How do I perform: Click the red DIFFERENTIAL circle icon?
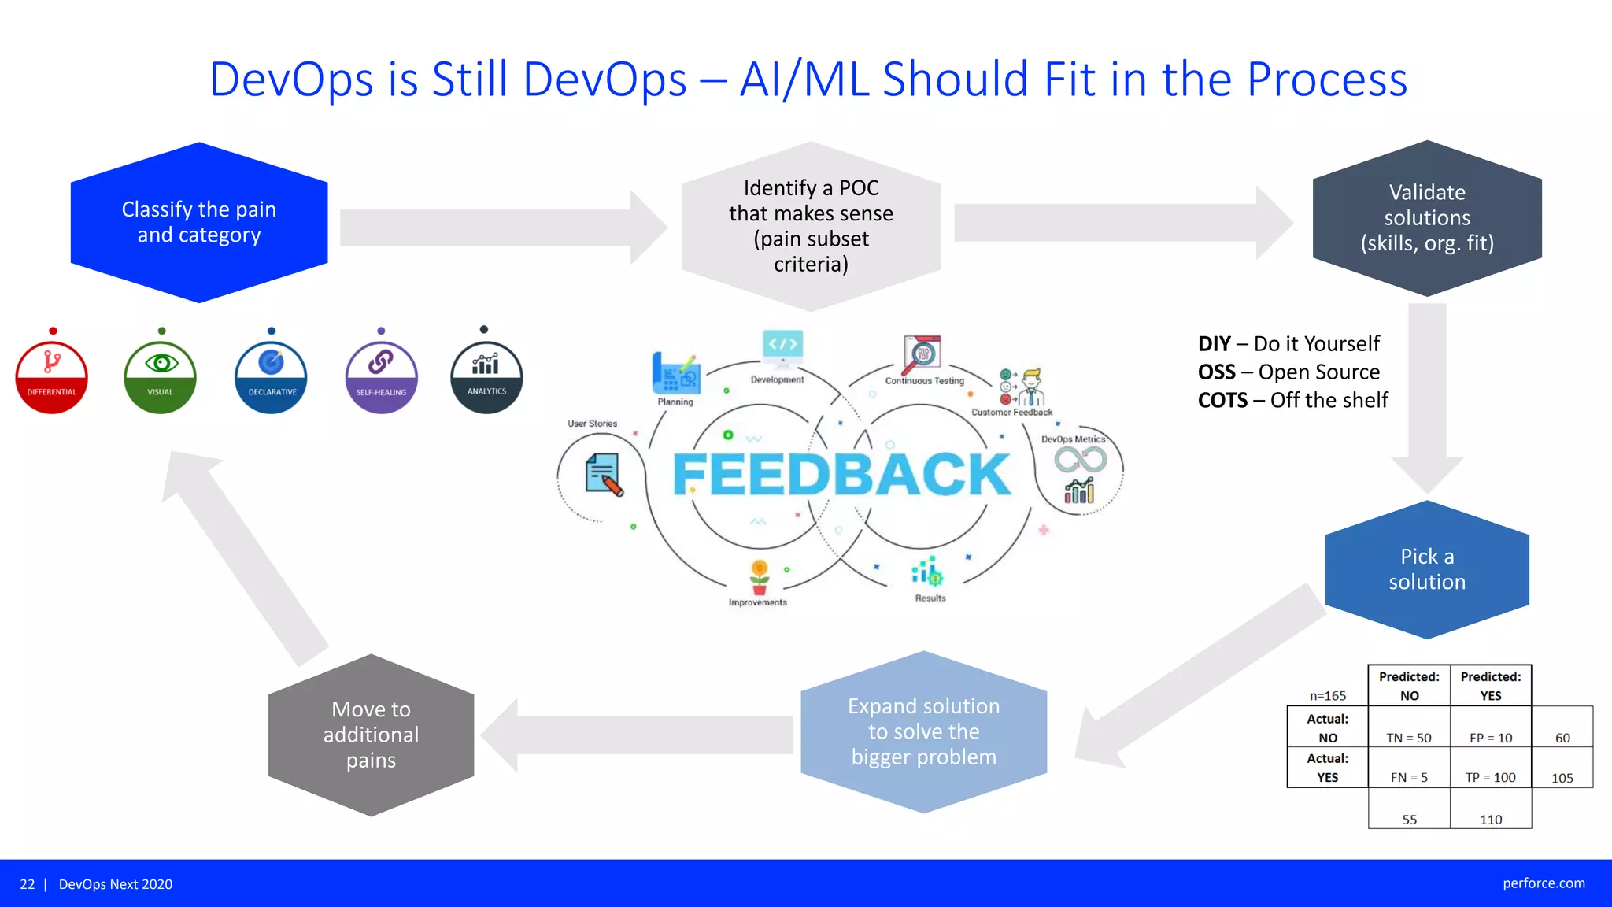point(52,377)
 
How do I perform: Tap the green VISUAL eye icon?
point(161,377)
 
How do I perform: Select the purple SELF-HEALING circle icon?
point(381,377)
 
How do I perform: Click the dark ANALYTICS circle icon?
point(486,377)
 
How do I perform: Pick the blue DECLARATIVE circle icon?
point(271,377)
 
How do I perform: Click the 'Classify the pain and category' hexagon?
point(199,222)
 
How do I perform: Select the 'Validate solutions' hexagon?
point(1426,218)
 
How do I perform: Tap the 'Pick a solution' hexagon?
point(1426,569)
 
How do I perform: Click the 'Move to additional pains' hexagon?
point(371,735)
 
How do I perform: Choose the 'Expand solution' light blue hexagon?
point(923,731)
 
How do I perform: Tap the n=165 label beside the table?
point(1327,696)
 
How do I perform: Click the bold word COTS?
point(1222,401)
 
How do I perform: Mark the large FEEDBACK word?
point(841,475)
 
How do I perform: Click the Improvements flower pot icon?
point(759,577)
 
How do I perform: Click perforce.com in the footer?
point(1543,883)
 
